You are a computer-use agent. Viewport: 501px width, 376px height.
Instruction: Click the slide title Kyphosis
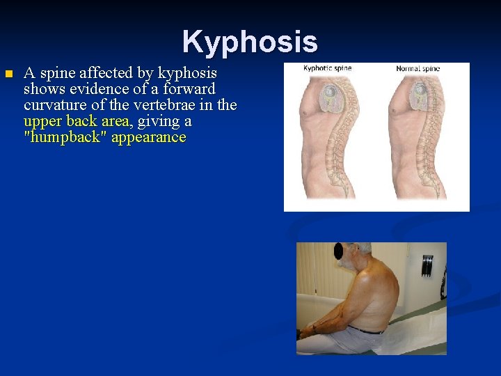point(250,42)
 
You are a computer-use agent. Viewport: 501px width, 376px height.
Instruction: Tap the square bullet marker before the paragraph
point(8,74)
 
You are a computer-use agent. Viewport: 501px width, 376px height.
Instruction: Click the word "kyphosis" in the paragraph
point(187,73)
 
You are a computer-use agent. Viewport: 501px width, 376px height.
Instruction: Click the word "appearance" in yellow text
point(148,137)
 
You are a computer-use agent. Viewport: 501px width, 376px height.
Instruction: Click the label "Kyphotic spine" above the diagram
point(327,68)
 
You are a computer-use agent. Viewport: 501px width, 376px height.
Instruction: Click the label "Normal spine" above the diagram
point(417,68)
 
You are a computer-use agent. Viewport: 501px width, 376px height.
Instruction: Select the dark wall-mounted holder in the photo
point(427,265)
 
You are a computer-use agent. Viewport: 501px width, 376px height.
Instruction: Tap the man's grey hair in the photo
point(363,247)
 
